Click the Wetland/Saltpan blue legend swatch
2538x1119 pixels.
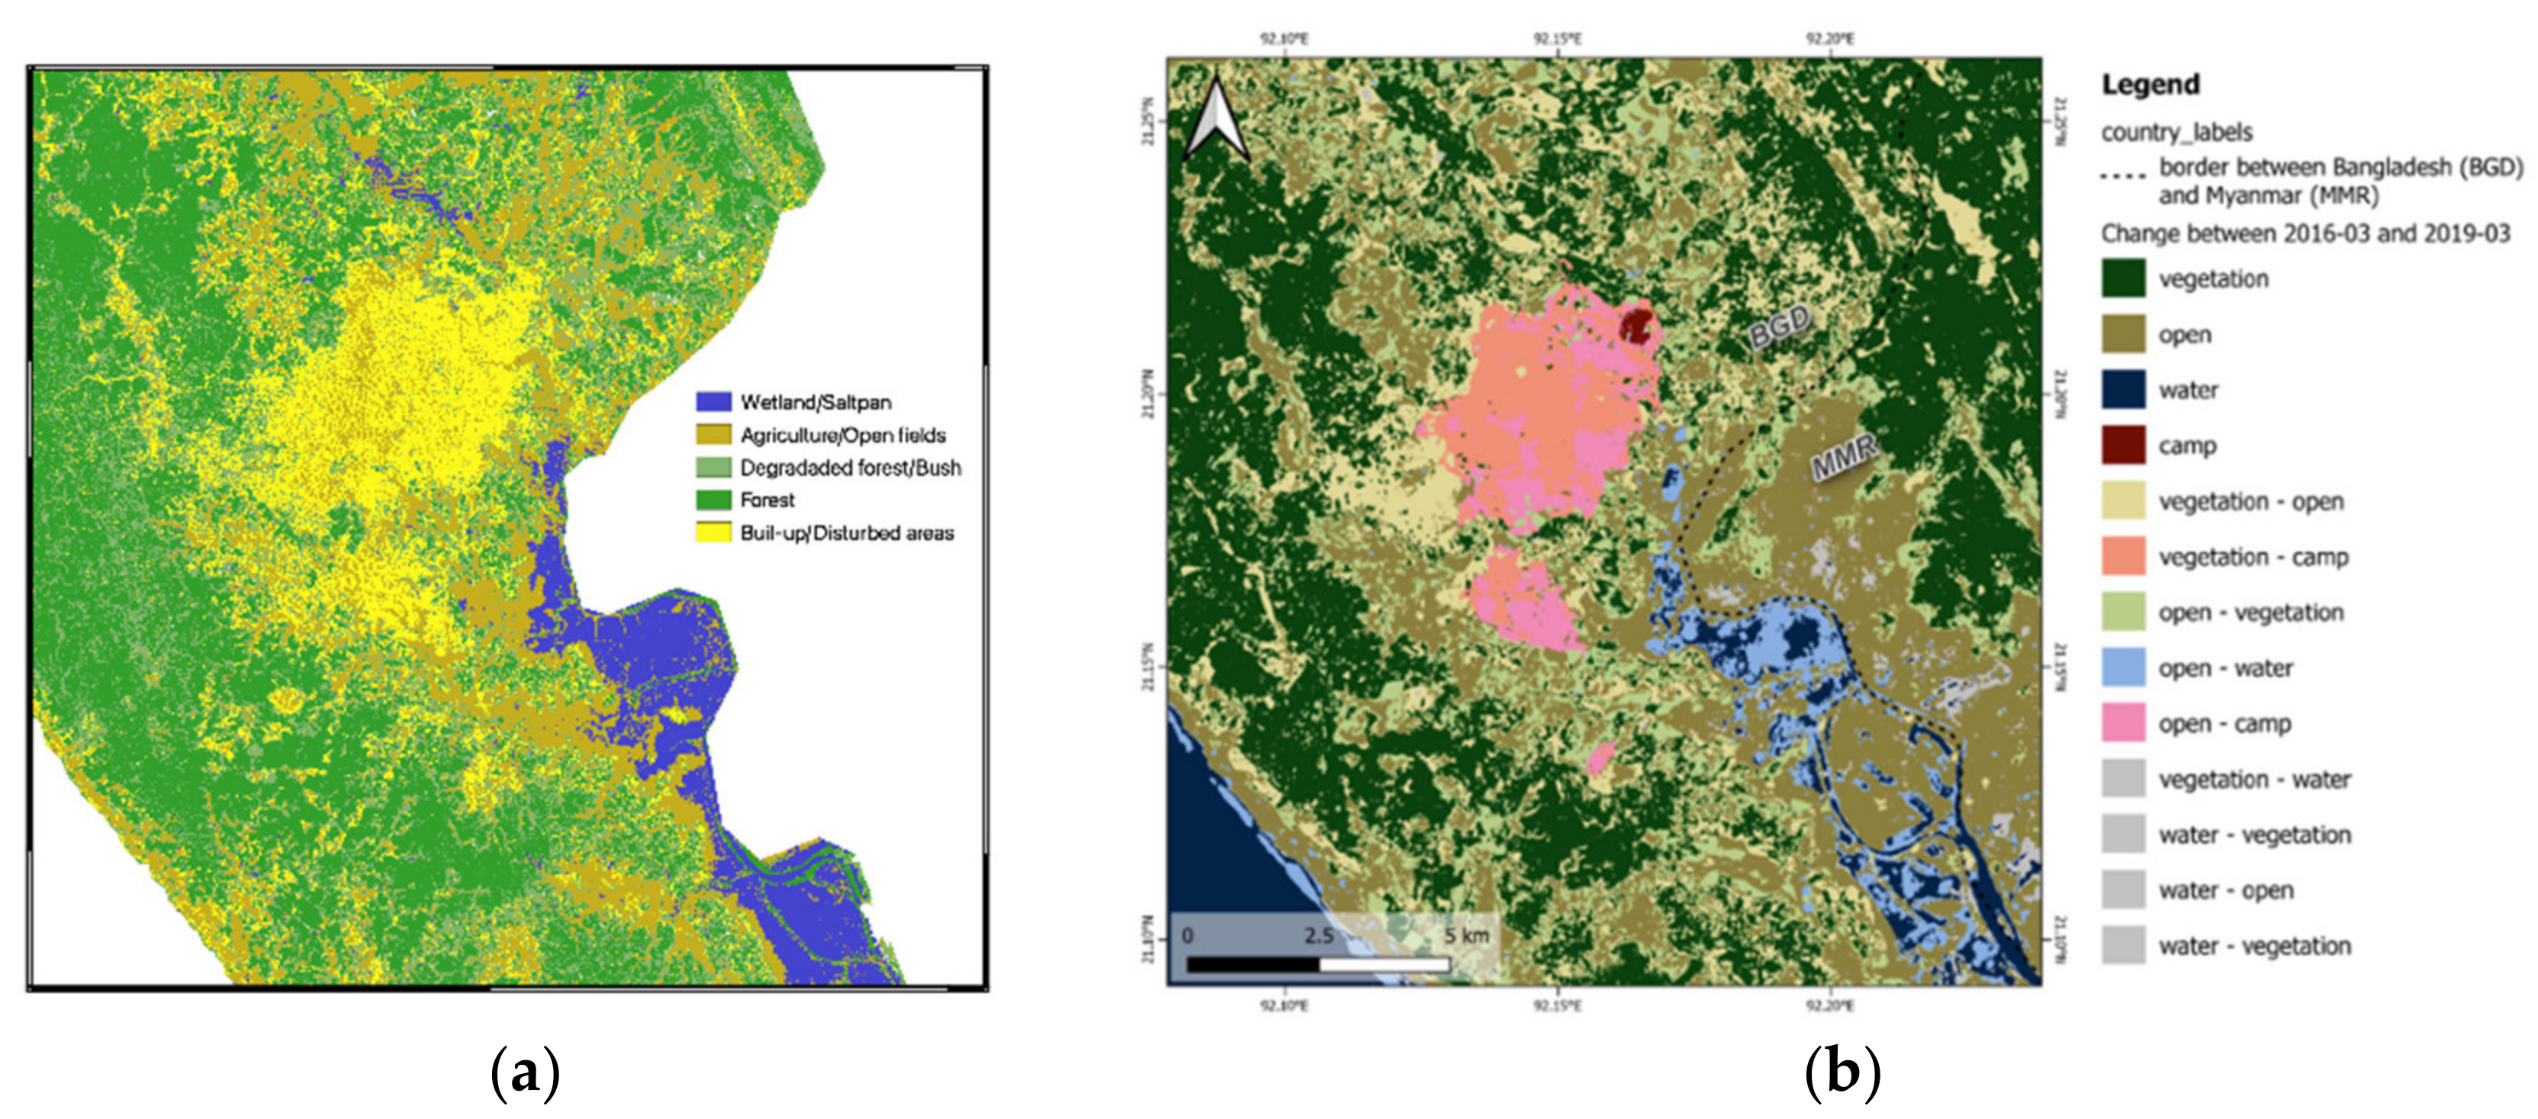[713, 402]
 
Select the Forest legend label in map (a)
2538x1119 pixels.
[767, 500]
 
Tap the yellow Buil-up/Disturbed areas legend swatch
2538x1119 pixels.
[713, 533]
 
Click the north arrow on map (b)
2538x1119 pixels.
[1214, 121]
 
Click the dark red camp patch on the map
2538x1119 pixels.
[1636, 324]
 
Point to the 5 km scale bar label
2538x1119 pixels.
[1466, 935]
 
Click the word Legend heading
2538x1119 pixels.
[2150, 85]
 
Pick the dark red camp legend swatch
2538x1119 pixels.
[2123, 445]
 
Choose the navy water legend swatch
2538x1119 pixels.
[2123, 390]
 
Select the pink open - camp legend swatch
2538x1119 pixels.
[2123, 723]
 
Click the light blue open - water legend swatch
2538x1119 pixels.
[2123, 668]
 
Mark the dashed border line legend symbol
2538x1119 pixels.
[2123, 176]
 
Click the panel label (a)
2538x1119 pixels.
[524, 1072]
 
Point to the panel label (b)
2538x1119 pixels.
[1842, 1072]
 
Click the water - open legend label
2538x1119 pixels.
[2226, 890]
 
